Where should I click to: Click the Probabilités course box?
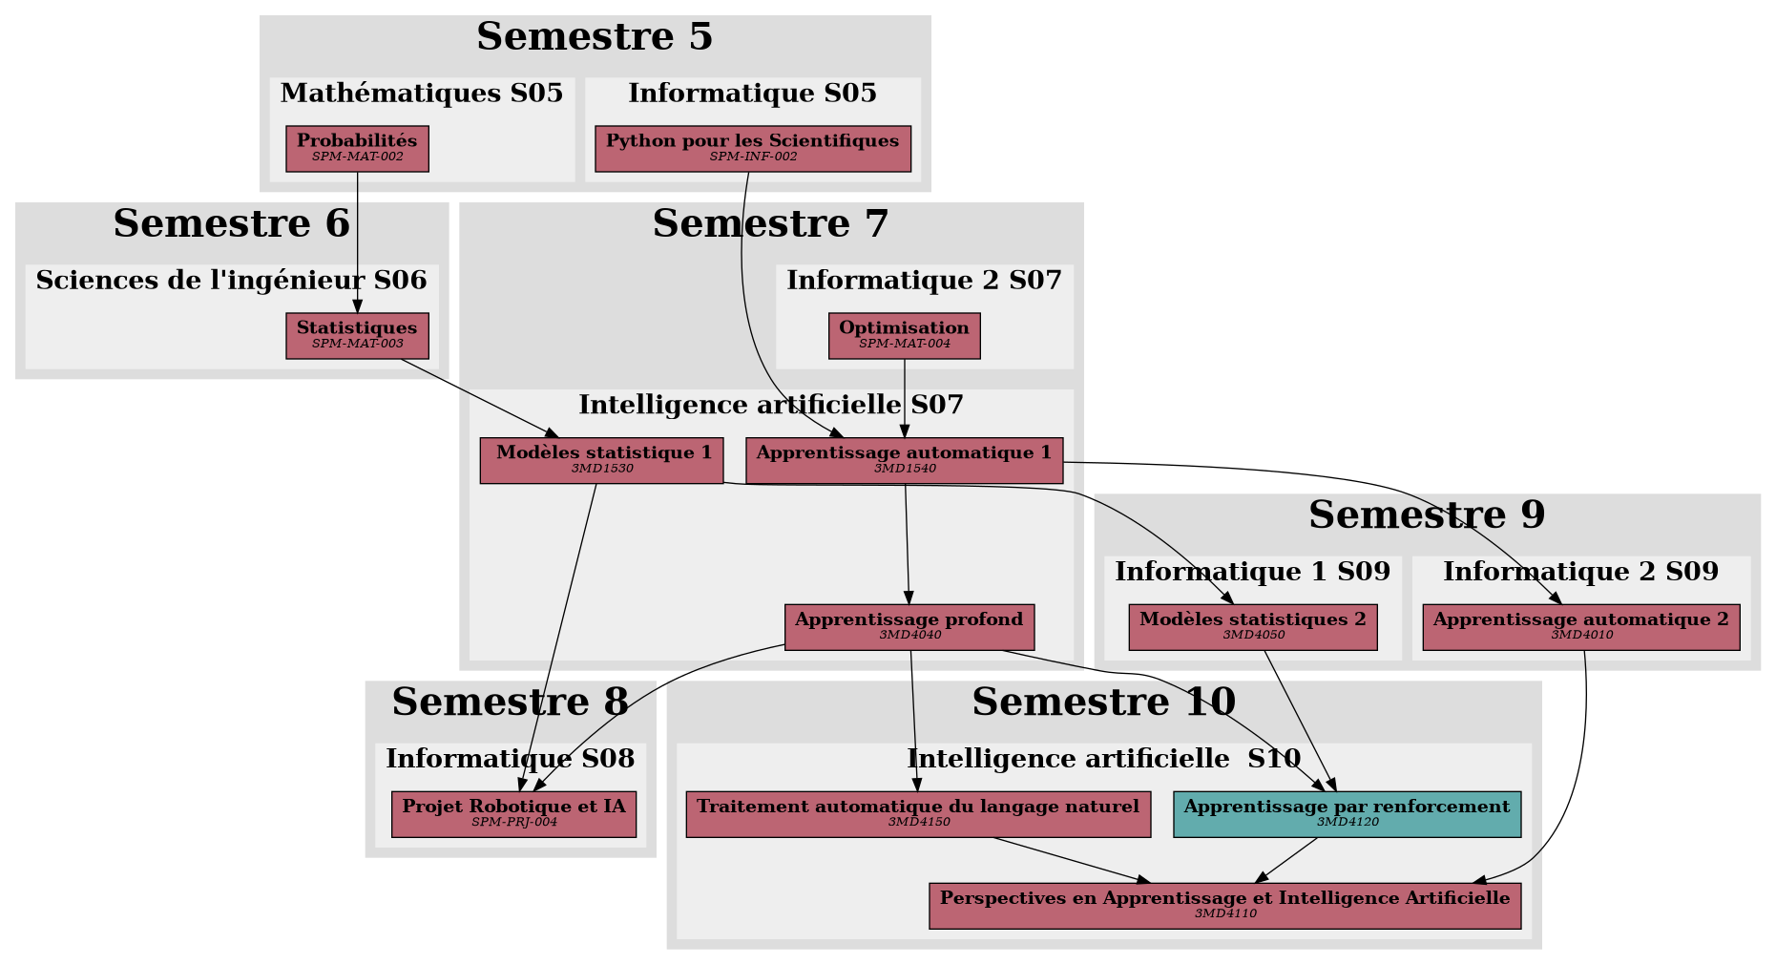coord(357,149)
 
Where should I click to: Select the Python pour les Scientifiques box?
coord(752,149)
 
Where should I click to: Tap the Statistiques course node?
coord(357,336)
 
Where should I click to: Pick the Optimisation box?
coord(904,336)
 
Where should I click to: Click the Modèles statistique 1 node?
coord(601,460)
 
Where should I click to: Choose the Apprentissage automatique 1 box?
coord(904,460)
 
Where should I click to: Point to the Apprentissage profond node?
coord(909,627)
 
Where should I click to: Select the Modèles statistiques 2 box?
coord(1252,627)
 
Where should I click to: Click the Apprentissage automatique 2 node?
coord(1580,627)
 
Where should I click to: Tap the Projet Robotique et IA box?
coord(513,814)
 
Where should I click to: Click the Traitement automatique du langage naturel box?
coord(918,814)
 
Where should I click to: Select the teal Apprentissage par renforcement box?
coord(1347,814)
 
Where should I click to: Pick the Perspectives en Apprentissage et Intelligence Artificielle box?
coord(1224,906)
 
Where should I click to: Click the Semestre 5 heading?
coord(594,37)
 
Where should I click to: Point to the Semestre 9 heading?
coord(1426,515)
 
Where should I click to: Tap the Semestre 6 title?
coord(231,224)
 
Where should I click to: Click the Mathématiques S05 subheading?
coord(421,94)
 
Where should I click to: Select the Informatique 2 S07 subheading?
coord(924,281)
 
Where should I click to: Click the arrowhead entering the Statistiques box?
coord(357,306)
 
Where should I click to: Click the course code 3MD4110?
coord(1225,914)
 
